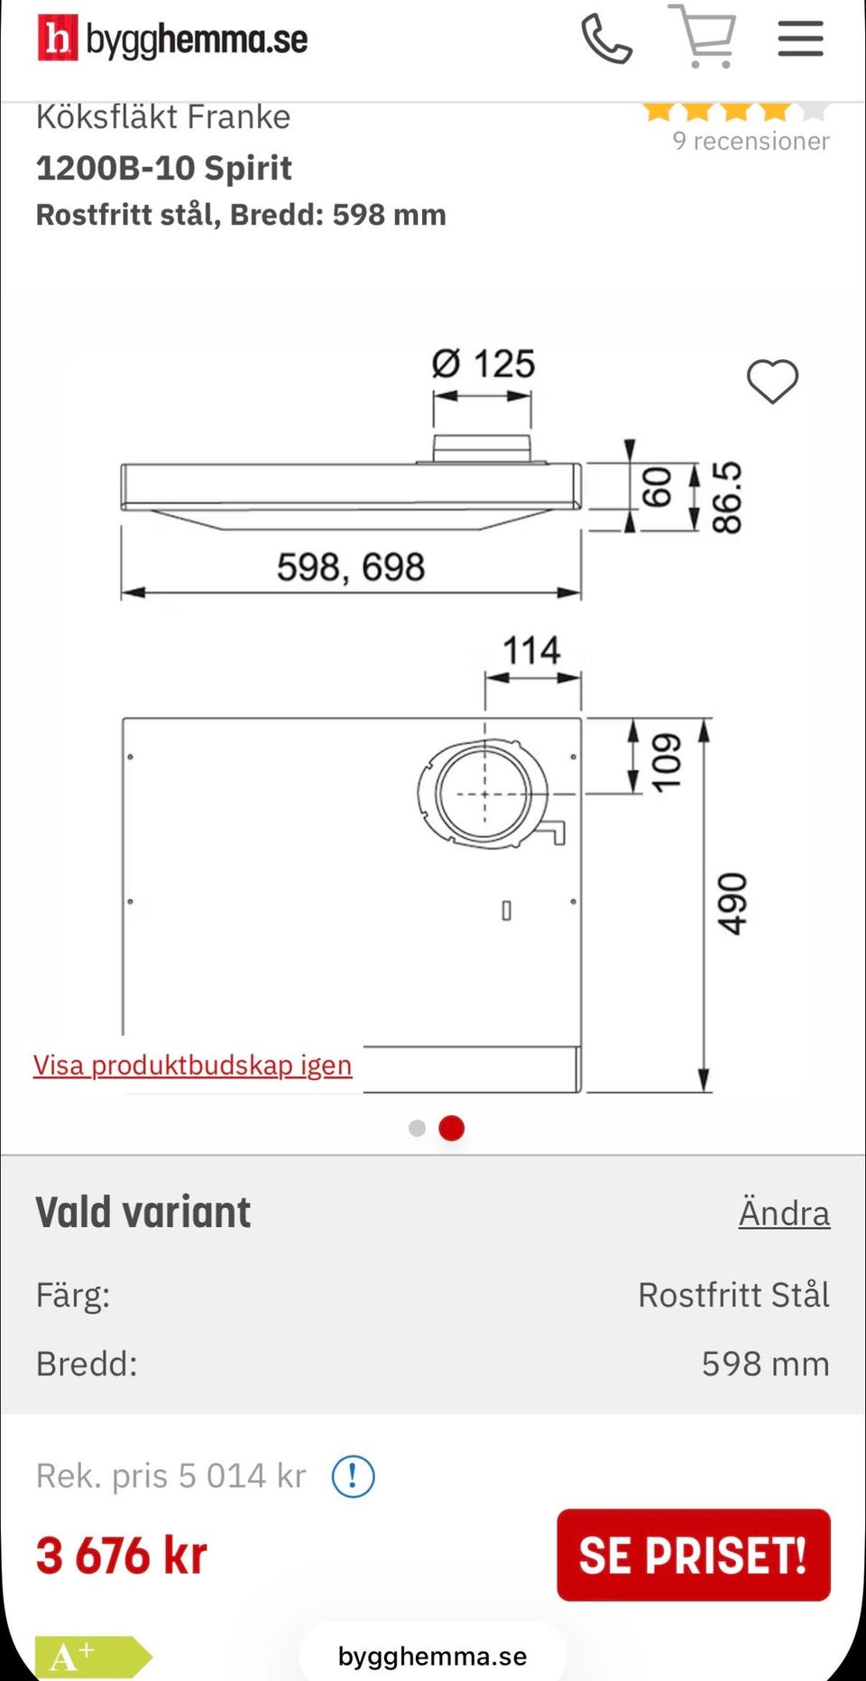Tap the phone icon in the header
pos(606,39)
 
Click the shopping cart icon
pos(703,36)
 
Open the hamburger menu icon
pos(800,39)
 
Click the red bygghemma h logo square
pos(58,39)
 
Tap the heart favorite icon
pos(773,381)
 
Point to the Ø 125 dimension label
pos(483,364)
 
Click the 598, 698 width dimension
pos(350,568)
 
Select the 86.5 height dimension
pos(727,497)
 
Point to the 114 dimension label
pos(531,651)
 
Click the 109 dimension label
pos(667,762)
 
